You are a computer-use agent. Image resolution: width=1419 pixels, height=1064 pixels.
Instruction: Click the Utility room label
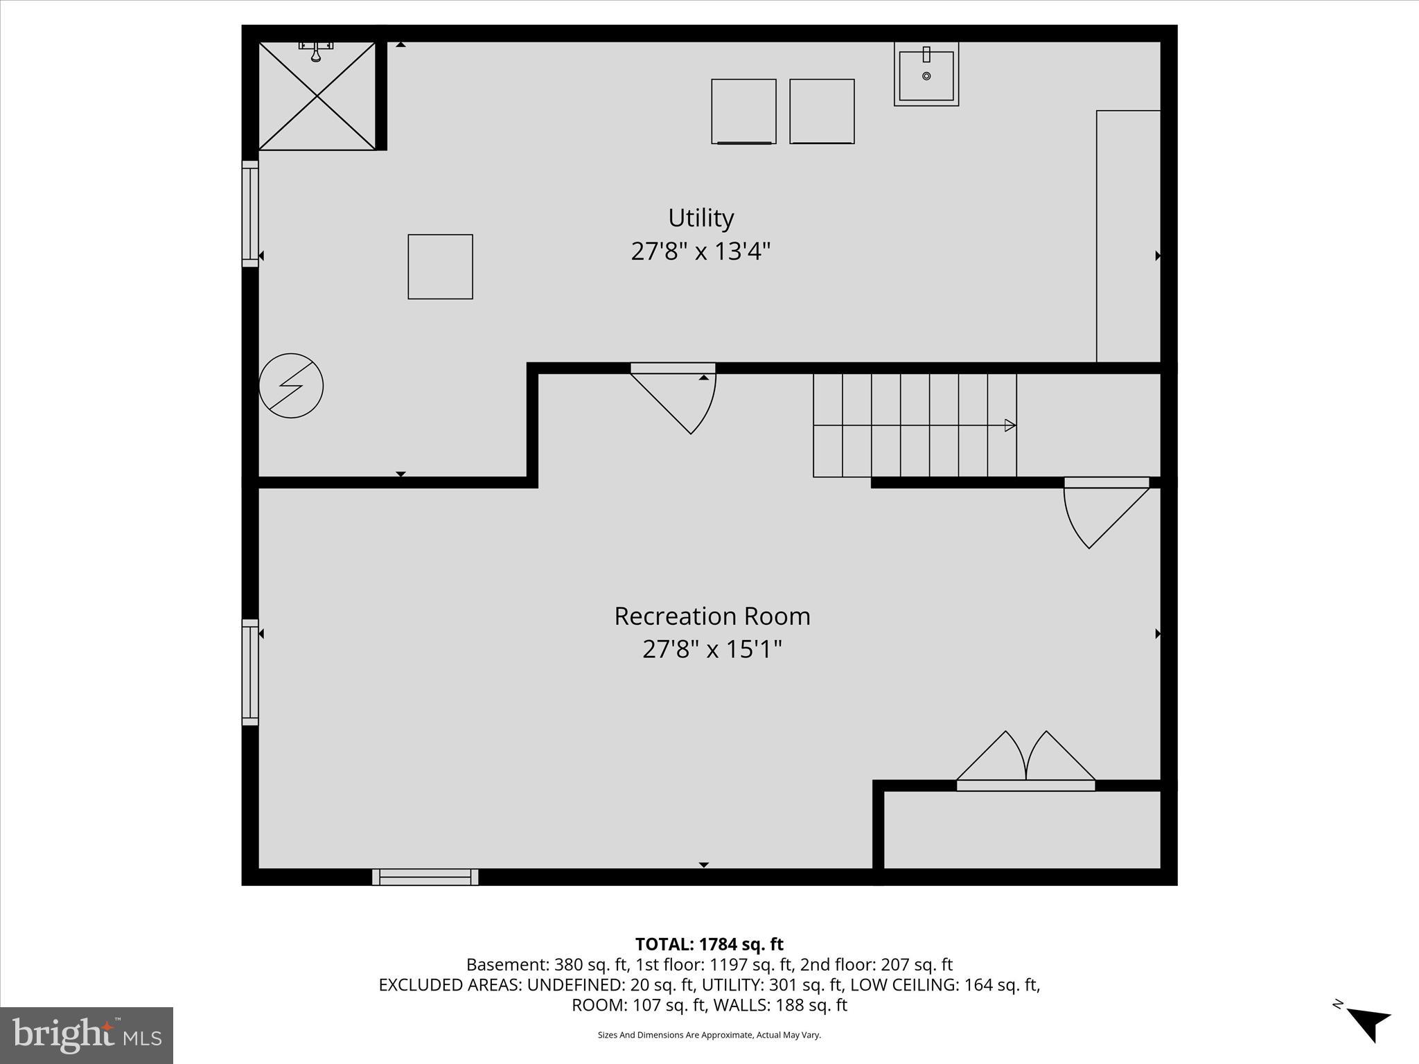(x=700, y=218)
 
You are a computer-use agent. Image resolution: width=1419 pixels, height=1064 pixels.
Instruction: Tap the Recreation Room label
(x=712, y=617)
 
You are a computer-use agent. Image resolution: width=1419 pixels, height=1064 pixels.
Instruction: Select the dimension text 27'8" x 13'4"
(x=700, y=251)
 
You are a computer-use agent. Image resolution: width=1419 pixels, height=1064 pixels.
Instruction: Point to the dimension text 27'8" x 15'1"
(x=712, y=650)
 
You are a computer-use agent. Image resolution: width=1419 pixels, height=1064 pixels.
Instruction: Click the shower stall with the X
(x=317, y=96)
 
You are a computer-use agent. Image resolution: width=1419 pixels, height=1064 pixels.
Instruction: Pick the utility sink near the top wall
(x=926, y=73)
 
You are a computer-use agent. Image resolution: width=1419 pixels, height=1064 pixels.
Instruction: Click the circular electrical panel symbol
(x=291, y=386)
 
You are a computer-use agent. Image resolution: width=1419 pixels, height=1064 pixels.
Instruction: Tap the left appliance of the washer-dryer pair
(x=743, y=112)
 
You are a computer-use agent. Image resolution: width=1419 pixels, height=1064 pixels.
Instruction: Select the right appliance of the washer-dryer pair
(x=822, y=112)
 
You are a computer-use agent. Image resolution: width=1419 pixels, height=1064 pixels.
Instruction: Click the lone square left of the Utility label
(x=440, y=267)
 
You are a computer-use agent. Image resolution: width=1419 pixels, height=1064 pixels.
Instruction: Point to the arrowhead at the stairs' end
(x=1010, y=425)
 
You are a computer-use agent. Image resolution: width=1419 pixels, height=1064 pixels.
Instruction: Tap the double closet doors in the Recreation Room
(x=1025, y=762)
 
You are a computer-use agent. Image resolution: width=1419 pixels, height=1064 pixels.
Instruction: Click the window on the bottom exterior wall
(x=425, y=877)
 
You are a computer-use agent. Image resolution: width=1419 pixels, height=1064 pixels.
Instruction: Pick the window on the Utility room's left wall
(x=250, y=213)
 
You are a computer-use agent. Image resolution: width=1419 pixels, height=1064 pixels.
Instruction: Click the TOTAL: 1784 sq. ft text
(x=709, y=944)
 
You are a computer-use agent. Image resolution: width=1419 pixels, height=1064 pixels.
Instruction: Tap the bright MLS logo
(x=87, y=1035)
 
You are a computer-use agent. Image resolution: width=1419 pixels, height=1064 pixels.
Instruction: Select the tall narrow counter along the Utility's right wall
(x=1128, y=236)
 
